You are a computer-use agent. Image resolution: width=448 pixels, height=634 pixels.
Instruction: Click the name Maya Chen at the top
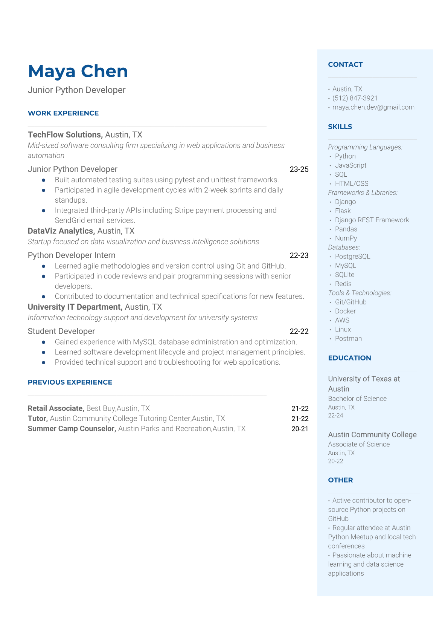click(x=78, y=71)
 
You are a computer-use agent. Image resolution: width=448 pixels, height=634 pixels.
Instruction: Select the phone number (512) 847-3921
click(x=355, y=98)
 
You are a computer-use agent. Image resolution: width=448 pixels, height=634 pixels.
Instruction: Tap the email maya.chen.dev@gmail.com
click(x=373, y=107)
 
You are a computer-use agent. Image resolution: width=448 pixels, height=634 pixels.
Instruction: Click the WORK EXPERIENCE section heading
click(x=63, y=113)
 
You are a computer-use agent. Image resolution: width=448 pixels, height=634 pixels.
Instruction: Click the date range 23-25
click(x=299, y=170)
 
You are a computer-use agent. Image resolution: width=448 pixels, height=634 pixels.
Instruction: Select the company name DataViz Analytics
click(x=61, y=231)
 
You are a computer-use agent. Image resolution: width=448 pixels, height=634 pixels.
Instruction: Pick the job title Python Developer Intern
click(x=72, y=255)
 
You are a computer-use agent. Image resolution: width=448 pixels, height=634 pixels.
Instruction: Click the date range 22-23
click(x=299, y=255)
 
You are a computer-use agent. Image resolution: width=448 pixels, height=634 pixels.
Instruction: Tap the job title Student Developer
click(x=61, y=332)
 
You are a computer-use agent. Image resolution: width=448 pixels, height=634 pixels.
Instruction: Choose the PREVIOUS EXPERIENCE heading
click(x=70, y=382)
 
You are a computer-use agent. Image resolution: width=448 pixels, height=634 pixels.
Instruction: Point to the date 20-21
click(x=300, y=429)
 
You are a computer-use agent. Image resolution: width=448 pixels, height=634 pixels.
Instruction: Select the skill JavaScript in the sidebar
click(x=350, y=165)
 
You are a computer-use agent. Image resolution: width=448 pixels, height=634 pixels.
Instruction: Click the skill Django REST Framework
click(x=372, y=220)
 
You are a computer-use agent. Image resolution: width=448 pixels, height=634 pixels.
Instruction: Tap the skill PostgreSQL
click(x=352, y=257)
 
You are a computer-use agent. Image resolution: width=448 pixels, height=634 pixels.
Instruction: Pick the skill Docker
click(x=345, y=311)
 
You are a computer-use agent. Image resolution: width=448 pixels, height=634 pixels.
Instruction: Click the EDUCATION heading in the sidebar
click(x=349, y=358)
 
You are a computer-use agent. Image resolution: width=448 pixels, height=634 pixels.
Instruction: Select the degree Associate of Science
click(x=359, y=445)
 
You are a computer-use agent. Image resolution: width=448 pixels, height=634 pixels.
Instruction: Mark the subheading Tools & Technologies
click(x=360, y=293)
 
